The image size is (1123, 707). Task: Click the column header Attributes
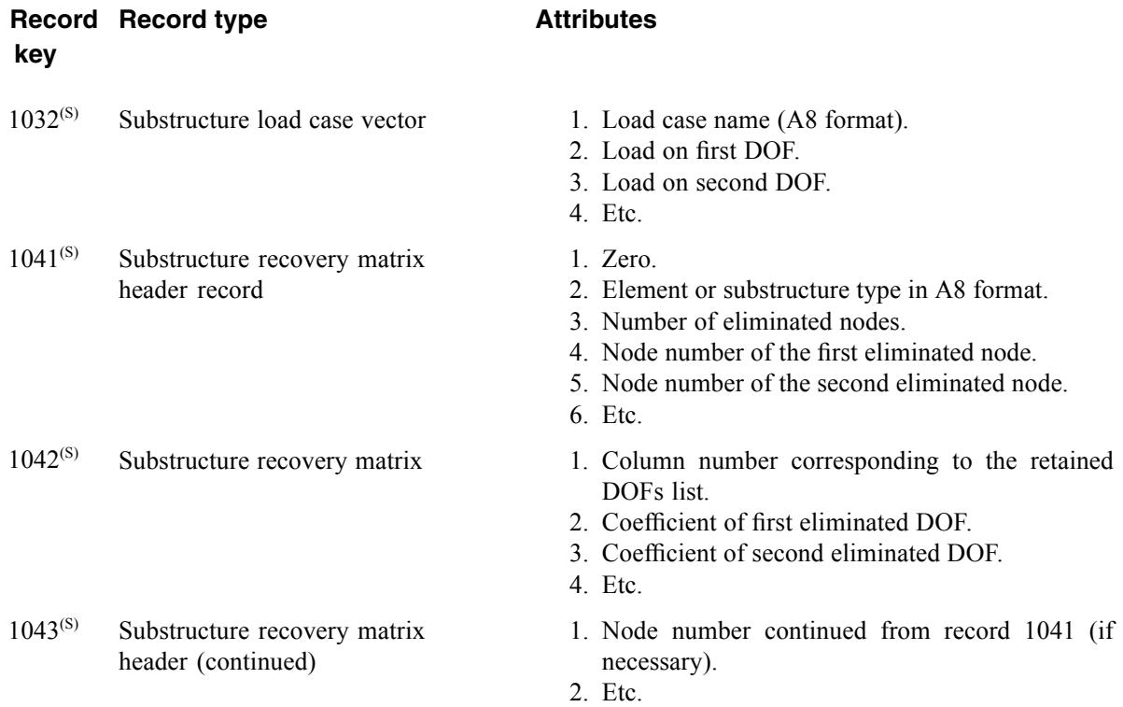click(x=596, y=20)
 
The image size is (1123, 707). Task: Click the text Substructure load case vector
click(x=273, y=120)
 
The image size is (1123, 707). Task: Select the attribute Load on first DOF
click(x=700, y=151)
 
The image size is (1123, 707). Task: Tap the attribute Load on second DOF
click(x=716, y=182)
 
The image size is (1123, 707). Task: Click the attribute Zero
click(x=628, y=260)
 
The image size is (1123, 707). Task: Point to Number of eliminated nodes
click(x=753, y=321)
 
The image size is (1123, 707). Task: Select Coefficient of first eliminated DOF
click(x=786, y=522)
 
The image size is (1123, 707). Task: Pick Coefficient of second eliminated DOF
click(x=802, y=554)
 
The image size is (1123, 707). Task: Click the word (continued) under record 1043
click(x=256, y=662)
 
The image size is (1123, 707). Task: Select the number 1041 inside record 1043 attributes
click(x=1049, y=630)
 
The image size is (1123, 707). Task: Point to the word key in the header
click(x=35, y=54)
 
